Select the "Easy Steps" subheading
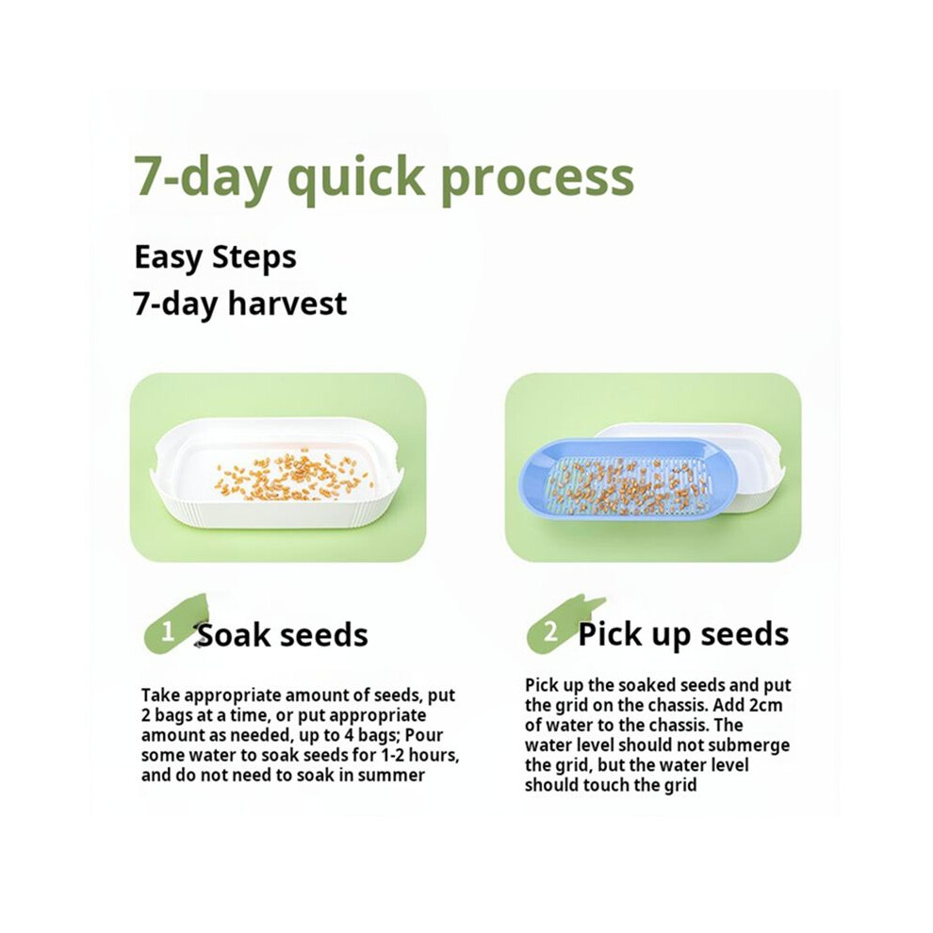click(216, 257)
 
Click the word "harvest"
click(287, 303)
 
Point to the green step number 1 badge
click(172, 629)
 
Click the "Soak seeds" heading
click(282, 635)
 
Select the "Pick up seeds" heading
click(683, 635)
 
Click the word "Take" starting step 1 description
click(159, 696)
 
